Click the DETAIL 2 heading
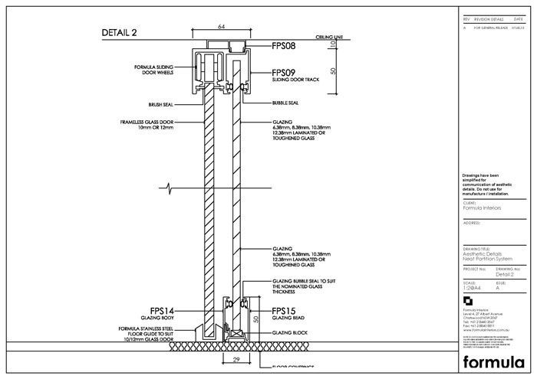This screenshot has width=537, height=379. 119,32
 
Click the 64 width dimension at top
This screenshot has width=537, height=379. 222,27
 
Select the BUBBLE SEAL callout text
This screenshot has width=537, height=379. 285,103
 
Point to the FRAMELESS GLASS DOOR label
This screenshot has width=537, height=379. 147,122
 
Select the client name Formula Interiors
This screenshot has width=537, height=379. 480,207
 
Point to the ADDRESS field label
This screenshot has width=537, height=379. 472,222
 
